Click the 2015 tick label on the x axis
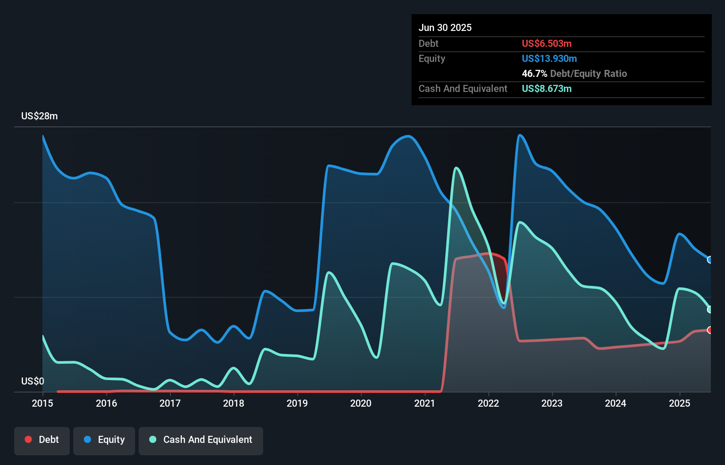point(42,403)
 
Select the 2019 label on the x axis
point(297,403)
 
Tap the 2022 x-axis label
point(488,403)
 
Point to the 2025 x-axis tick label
point(680,403)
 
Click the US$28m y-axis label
point(39,116)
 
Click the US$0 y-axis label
point(33,381)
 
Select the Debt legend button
point(42,440)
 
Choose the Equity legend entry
point(104,440)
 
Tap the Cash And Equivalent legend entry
point(201,440)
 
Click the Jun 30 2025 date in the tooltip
point(445,27)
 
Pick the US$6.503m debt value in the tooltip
point(547,43)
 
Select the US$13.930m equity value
point(549,58)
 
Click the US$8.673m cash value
point(547,88)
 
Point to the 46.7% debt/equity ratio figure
point(534,73)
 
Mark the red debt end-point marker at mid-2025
point(710,330)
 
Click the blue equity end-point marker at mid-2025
point(710,260)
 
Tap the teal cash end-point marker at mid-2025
point(710,309)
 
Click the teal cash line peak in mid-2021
point(456,168)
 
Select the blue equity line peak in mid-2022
point(520,135)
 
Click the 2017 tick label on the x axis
point(170,403)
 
